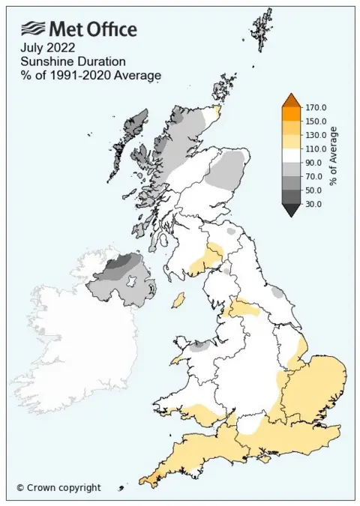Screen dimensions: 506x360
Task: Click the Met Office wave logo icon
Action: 33,28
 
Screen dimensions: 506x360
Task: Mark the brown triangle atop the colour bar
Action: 292,101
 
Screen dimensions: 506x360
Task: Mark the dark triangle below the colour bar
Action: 292,211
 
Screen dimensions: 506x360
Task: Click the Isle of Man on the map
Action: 179,300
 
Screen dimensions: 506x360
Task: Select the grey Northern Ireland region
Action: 120,281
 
